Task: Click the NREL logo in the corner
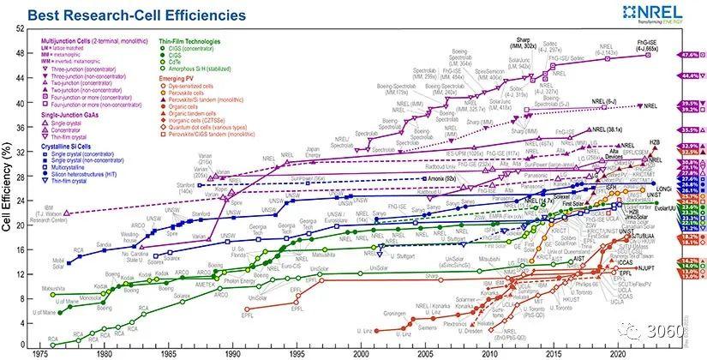[x=664, y=12]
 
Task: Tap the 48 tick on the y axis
[x=21, y=54]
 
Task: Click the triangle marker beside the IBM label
[x=66, y=213]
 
